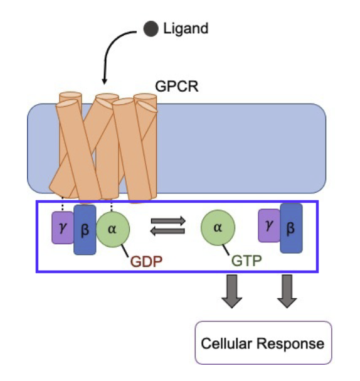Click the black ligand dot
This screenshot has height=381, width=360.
point(151,29)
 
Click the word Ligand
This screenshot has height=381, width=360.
point(186,29)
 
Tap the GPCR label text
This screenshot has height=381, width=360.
point(177,86)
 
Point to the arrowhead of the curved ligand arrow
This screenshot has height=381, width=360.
point(104,81)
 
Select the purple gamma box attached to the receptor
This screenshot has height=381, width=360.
point(63,228)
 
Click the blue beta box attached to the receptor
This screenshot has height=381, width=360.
point(85,230)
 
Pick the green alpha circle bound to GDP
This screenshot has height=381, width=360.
point(113,229)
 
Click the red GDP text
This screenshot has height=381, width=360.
point(146,262)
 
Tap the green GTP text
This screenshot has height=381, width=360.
point(246,260)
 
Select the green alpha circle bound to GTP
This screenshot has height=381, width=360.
point(218,227)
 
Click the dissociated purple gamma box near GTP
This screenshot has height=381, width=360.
point(269,226)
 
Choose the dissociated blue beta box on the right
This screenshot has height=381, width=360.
point(291,228)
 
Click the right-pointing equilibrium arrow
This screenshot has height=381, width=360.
point(168,221)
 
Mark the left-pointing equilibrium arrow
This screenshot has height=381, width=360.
point(167,231)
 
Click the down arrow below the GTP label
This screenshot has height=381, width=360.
point(232,291)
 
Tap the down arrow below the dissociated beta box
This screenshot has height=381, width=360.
point(287,291)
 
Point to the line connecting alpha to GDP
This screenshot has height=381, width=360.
point(125,250)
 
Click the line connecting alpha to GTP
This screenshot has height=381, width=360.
point(226,250)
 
